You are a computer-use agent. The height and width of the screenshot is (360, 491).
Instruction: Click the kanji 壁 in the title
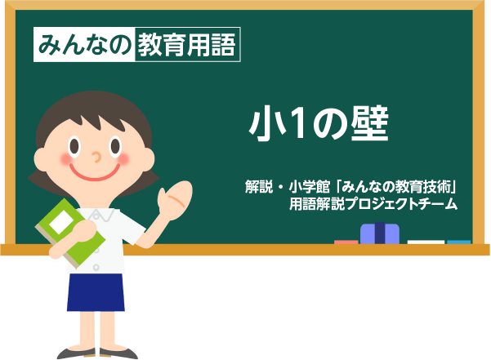pyautogui.click(x=369, y=122)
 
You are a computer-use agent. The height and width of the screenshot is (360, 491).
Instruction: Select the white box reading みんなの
pyautogui.click(x=84, y=44)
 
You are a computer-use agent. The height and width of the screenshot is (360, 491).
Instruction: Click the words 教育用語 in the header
pyautogui.click(x=187, y=44)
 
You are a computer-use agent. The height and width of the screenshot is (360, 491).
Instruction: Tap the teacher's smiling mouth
pyautogui.click(x=95, y=173)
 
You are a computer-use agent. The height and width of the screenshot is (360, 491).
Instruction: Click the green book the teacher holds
pyautogui.click(x=70, y=233)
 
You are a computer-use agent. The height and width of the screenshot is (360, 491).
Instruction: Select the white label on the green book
pyautogui.click(x=61, y=222)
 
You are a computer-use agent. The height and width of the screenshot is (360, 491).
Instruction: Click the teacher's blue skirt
pyautogui.click(x=96, y=292)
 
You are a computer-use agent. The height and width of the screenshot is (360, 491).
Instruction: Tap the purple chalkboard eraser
pyautogui.click(x=380, y=233)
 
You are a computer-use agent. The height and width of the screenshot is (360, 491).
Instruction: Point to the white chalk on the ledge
pyautogui.click(x=426, y=242)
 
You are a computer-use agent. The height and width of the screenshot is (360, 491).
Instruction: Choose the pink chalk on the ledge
pyautogui.click(x=346, y=242)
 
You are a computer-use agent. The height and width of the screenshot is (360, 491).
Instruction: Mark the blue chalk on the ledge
pyautogui.click(x=459, y=242)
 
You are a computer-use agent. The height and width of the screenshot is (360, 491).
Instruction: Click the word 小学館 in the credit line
pyautogui.click(x=309, y=187)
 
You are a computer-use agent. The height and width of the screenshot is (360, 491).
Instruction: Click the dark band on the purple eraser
pyautogui.click(x=380, y=233)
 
